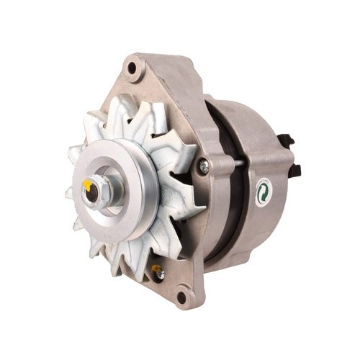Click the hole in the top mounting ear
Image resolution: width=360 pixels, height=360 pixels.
pyautogui.click(x=132, y=68)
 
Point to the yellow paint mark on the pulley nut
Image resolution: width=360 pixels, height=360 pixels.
pyautogui.click(x=88, y=185)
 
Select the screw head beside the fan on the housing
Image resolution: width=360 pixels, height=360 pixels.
pyautogui.click(x=204, y=166)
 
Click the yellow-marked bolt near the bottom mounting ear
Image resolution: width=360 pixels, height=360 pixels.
pyautogui.click(x=156, y=271)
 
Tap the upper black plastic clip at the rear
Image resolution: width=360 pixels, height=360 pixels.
pyautogui.click(x=290, y=138)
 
